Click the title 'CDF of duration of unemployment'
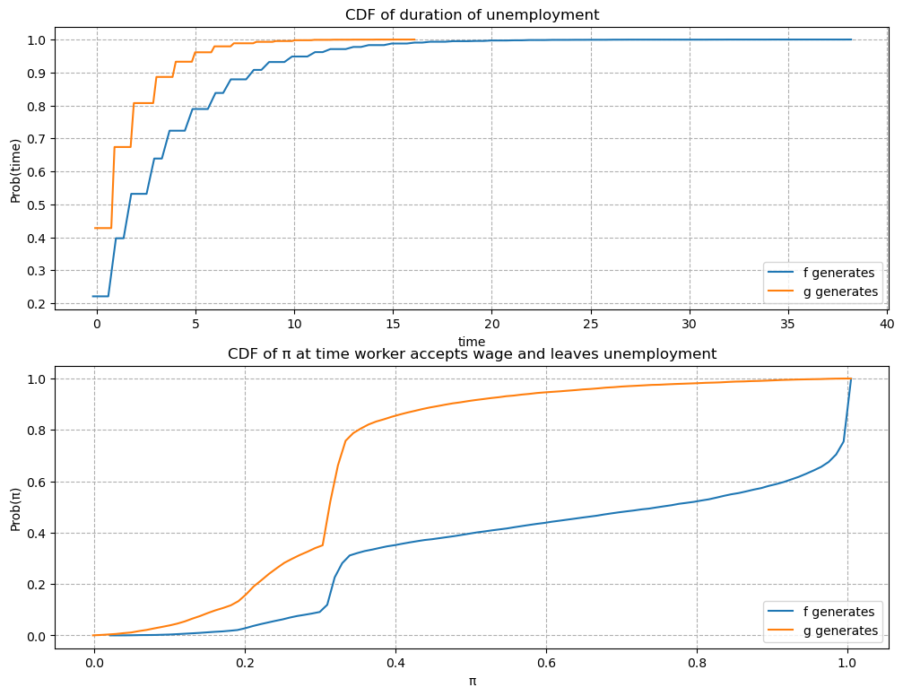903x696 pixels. [x=472, y=14]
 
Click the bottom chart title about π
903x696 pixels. [x=472, y=353]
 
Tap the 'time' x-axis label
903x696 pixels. [x=472, y=342]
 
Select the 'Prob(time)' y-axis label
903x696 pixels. [x=15, y=170]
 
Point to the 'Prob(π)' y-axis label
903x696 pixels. [x=15, y=507]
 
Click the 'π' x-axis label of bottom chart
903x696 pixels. [x=472, y=681]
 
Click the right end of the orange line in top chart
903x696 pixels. [x=414, y=39]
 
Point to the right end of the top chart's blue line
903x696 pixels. [x=851, y=39]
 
